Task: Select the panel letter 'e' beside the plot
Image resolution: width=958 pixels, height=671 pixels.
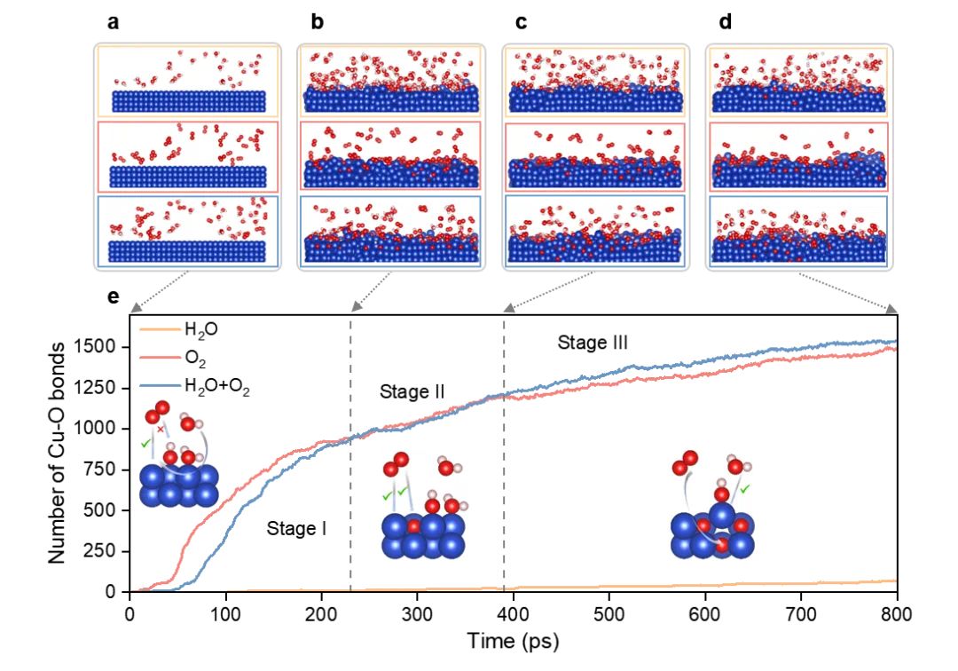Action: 113,296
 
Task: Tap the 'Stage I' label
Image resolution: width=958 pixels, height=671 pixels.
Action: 297,530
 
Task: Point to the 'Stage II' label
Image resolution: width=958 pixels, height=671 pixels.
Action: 412,391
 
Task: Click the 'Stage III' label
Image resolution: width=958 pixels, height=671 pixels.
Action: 593,343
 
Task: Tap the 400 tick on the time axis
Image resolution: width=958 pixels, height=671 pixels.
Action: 514,613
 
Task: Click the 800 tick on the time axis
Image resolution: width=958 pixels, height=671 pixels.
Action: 897,613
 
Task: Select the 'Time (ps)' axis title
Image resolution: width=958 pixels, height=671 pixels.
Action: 514,639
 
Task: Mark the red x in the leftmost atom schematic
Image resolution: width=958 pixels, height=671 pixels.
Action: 160,429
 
